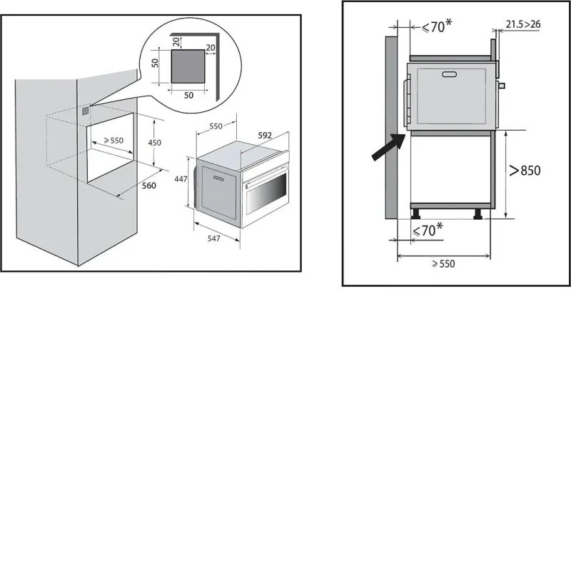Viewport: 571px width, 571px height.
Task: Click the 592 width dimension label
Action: coord(265,136)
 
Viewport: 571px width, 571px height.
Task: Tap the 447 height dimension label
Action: coord(181,179)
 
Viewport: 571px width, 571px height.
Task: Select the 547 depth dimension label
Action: coord(213,238)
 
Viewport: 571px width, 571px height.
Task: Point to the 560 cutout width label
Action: coord(149,186)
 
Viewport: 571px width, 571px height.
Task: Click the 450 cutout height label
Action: coord(154,143)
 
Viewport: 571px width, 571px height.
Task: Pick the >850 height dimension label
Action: coord(525,171)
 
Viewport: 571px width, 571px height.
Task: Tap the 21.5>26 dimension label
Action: coord(523,24)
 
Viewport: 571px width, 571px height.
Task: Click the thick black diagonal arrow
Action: coord(388,146)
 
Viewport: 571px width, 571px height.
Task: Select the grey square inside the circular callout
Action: coord(188,66)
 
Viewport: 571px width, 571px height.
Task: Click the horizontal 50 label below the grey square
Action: coord(188,96)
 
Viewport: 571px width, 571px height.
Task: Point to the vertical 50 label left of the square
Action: coord(155,63)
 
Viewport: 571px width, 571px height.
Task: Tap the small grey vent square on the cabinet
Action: coord(85,111)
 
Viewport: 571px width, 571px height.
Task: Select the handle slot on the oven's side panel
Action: coord(219,178)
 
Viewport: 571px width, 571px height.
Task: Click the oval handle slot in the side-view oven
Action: coord(449,75)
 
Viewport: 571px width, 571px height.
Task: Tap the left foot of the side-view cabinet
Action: coord(415,213)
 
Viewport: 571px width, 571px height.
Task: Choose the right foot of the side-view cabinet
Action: coord(477,213)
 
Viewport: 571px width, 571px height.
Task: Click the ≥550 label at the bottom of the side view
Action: coord(443,263)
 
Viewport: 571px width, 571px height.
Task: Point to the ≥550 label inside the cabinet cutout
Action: coord(113,141)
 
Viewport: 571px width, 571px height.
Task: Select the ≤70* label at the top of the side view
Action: coord(437,26)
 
